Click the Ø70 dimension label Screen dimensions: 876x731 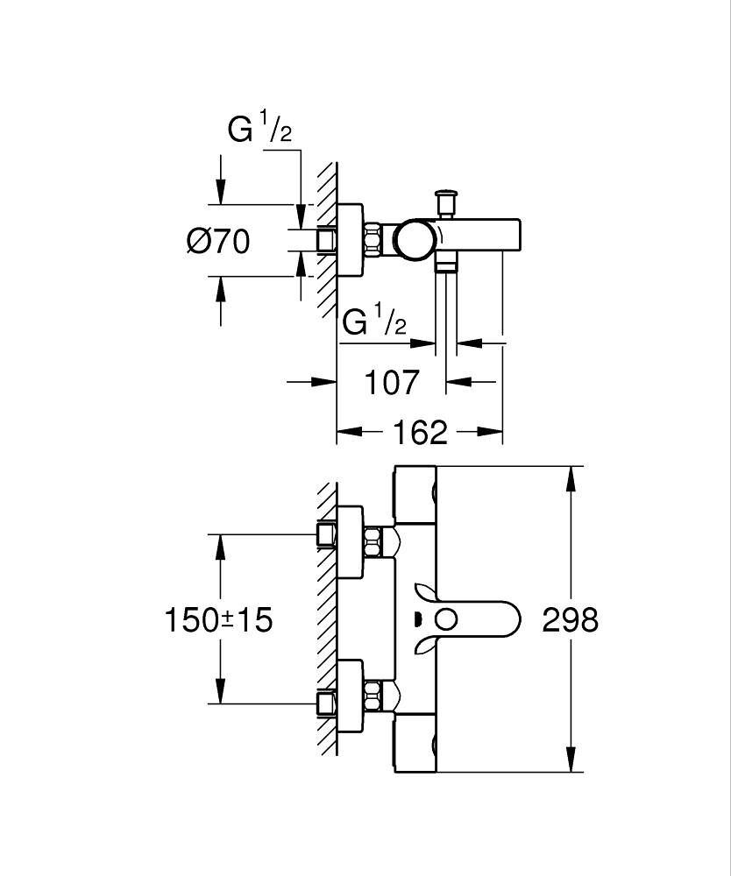[218, 240]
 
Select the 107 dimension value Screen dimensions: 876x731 [392, 382]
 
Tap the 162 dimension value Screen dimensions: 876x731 [420, 432]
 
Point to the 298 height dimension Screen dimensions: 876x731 [570, 620]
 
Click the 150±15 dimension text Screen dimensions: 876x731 [218, 620]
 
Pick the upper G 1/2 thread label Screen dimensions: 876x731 [259, 130]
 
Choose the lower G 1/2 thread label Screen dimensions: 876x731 [374, 321]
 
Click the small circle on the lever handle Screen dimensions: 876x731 [446, 620]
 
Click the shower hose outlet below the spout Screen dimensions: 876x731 [447, 264]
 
